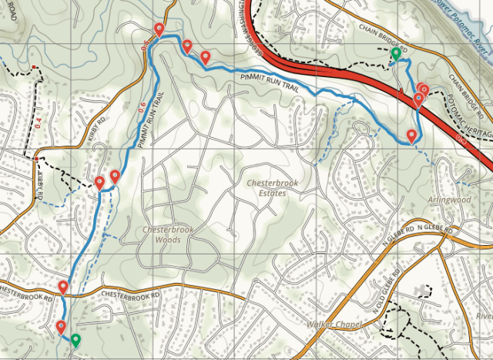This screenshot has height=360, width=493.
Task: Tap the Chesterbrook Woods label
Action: coord(162,234)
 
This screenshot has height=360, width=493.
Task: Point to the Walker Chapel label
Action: coord(334,325)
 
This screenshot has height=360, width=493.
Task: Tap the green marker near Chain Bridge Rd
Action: coord(395,54)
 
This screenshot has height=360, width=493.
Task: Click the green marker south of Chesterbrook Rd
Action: coord(75,338)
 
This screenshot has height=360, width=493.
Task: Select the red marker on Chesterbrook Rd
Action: coord(63,288)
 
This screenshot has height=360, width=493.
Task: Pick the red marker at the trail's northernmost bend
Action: coord(159,29)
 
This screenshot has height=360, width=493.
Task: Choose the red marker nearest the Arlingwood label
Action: coord(412,136)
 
